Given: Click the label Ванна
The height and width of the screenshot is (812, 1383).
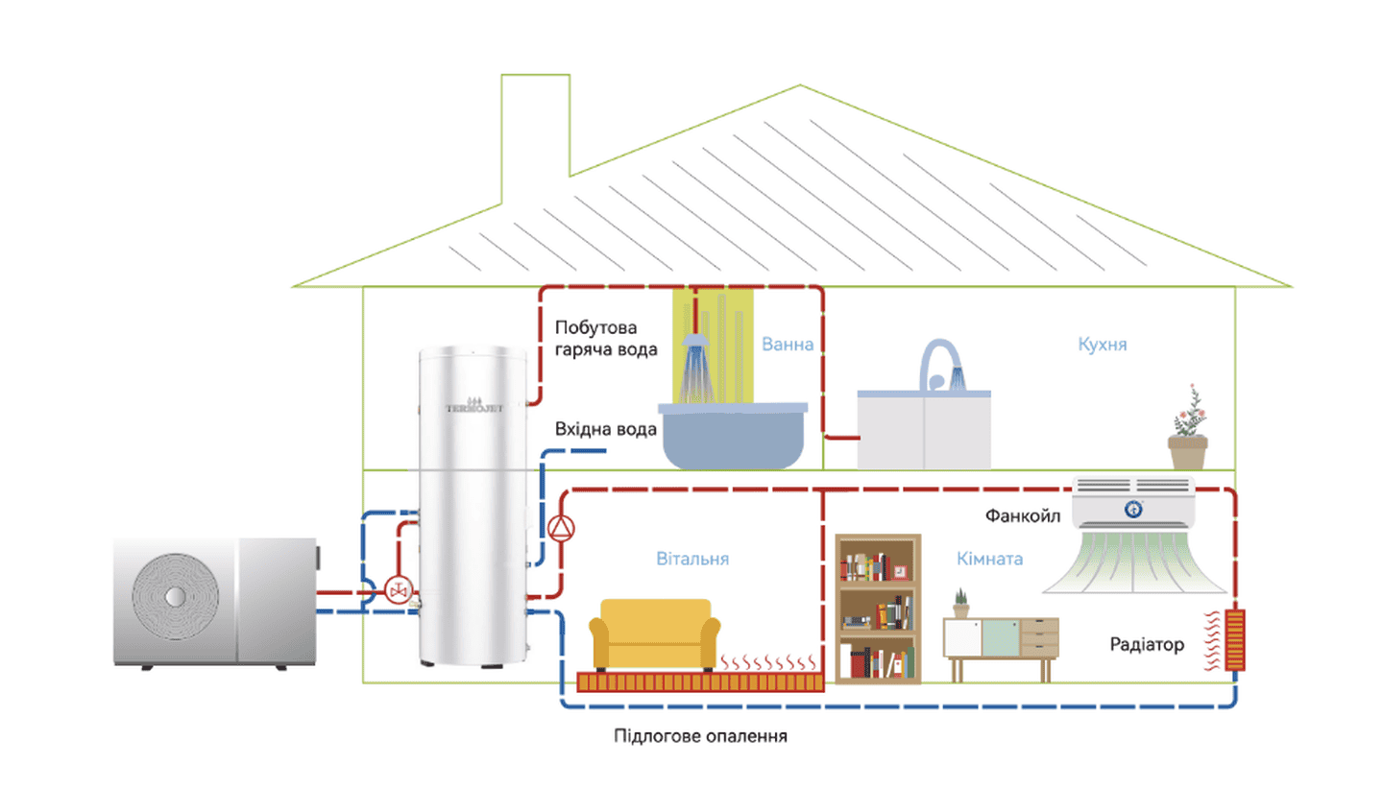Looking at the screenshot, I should [787, 344].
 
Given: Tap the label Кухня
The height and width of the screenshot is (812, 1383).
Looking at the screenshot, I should [1102, 344].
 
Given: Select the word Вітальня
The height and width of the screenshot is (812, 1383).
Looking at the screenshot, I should [691, 559].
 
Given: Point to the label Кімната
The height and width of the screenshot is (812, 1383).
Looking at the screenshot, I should [989, 559].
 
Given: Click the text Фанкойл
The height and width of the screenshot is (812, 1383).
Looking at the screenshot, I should [1022, 516].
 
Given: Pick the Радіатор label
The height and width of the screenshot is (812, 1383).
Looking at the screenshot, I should [1146, 644].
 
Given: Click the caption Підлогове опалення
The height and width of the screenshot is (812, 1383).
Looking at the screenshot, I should [700, 736].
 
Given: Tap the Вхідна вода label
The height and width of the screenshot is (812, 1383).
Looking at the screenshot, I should [605, 429].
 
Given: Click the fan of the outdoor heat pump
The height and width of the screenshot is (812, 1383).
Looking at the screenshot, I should [175, 596].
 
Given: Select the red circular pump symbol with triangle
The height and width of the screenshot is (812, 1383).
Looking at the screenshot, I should [562, 528].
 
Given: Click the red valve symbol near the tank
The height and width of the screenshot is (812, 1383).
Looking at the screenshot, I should [398, 589].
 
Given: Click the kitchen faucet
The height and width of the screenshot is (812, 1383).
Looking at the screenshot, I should [941, 365].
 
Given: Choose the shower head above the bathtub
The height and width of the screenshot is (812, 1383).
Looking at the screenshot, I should [697, 343].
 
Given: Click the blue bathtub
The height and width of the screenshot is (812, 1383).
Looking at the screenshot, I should [734, 437].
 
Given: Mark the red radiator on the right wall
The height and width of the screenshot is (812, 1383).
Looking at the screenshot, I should [1235, 639].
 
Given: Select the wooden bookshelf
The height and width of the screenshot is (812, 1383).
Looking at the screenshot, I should [878, 609].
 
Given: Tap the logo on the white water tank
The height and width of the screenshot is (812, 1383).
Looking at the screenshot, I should [473, 406].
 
